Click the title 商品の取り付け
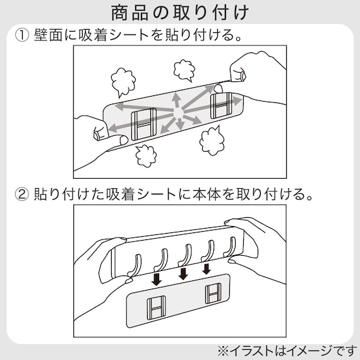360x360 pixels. pyautogui.click(x=180, y=12)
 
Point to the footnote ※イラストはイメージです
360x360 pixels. pyautogui.click(x=287, y=349)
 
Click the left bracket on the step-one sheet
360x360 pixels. pyautogui.click(x=143, y=123)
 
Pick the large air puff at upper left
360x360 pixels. pyautogui.click(x=124, y=81)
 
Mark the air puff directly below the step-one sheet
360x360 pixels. pyautogui.click(x=147, y=155)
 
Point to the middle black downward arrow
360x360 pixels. pyautogui.click(x=183, y=273)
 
